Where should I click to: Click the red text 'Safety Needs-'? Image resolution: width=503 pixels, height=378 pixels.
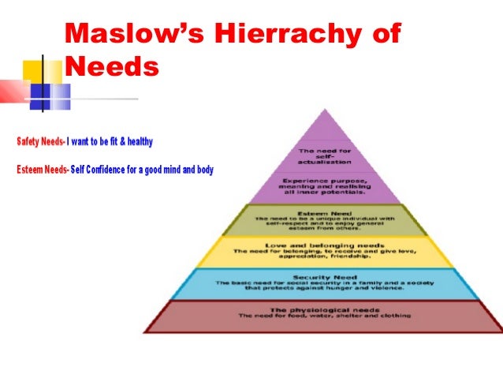click(x=40, y=142)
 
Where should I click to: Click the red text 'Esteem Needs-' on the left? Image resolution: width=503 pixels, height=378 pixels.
click(x=42, y=170)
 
